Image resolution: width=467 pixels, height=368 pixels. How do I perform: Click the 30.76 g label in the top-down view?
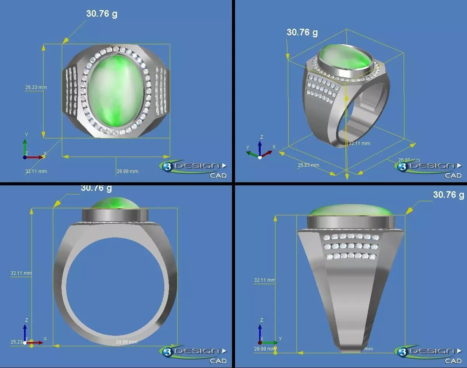102,14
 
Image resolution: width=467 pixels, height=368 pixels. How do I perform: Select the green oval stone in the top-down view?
116,90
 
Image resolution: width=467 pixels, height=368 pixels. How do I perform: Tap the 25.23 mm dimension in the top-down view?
36,87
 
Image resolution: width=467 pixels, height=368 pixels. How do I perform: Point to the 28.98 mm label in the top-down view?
127,171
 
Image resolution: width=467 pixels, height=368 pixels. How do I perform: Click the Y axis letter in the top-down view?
26,134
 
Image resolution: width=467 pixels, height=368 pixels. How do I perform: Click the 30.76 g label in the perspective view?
302,32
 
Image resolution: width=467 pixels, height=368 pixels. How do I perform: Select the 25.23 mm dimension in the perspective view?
308,165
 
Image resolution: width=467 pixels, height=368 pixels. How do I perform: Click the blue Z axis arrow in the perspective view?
260,146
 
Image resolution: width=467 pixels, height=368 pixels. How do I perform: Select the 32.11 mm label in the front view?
21,273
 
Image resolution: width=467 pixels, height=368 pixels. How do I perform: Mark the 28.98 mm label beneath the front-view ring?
127,342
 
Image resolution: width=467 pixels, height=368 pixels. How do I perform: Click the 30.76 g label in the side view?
448,195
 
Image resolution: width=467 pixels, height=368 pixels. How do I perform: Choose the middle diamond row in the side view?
351,246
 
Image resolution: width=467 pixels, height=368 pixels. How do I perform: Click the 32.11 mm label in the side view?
265,280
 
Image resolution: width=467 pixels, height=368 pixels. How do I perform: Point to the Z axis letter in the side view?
261,320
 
